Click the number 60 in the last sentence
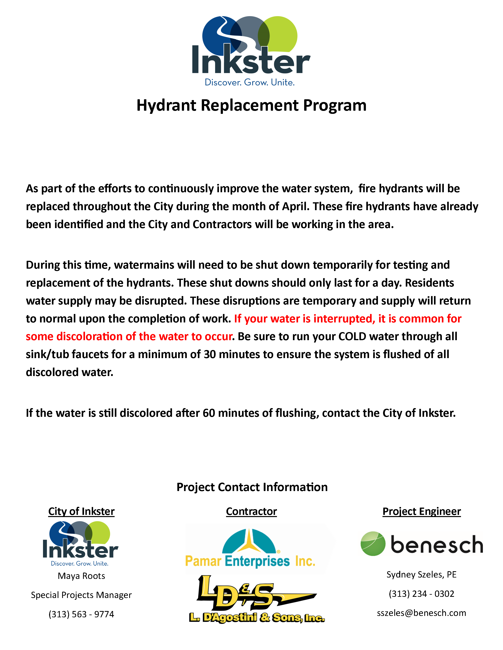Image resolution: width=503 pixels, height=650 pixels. coord(209,413)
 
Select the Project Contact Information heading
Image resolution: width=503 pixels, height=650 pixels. coord(252,487)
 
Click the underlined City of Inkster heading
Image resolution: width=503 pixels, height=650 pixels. coord(81,511)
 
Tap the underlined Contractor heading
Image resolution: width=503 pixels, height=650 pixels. coord(251,511)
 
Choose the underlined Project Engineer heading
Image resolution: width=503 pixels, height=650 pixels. coord(421,511)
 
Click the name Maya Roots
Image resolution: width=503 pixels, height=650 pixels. coord(81,576)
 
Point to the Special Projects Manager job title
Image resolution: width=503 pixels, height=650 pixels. coord(81,595)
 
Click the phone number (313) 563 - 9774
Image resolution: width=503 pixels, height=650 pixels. coord(81,614)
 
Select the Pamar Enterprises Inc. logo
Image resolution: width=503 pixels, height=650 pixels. coord(250,549)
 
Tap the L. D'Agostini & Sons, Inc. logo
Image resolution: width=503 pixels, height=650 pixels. coord(256,600)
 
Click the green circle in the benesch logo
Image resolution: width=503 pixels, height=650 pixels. coord(373,543)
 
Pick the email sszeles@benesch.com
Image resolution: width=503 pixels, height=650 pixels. coord(421,613)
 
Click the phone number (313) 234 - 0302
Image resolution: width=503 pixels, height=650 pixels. coord(421,594)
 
